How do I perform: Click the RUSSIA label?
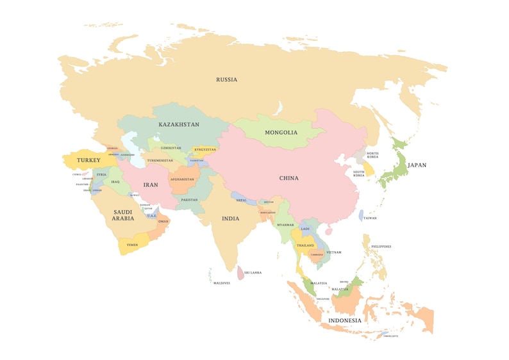point(226,80)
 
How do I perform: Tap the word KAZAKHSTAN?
point(179,124)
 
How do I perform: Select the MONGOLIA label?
point(281,133)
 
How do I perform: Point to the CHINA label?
point(288,178)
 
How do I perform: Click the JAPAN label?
point(417,165)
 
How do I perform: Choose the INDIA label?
point(230,218)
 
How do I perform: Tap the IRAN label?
point(150,185)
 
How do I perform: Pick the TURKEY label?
point(88,160)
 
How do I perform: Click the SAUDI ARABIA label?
point(123,215)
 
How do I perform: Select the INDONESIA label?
point(345,320)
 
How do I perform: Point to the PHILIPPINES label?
point(380,247)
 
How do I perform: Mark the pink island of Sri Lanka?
point(240,272)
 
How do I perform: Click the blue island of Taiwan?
point(361,216)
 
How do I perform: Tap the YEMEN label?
point(132,245)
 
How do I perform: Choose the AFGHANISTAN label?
point(181,179)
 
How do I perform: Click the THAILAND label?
point(305,245)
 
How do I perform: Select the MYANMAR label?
point(285,225)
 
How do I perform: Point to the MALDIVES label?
point(222,283)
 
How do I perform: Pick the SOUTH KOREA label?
point(358,173)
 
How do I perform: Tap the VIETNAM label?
point(334,252)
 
